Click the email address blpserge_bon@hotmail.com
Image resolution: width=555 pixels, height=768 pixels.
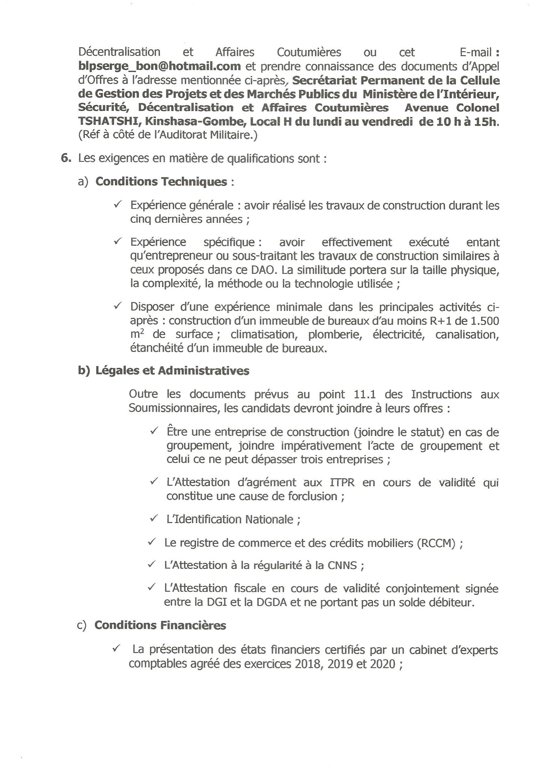(x=160, y=66)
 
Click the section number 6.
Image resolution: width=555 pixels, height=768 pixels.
(x=66, y=158)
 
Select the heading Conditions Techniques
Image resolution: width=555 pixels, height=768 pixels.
(x=161, y=182)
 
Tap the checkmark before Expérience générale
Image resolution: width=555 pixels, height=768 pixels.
(x=117, y=205)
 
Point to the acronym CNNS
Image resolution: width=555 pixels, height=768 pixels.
(x=342, y=566)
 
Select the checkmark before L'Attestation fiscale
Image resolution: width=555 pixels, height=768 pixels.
(x=152, y=588)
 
